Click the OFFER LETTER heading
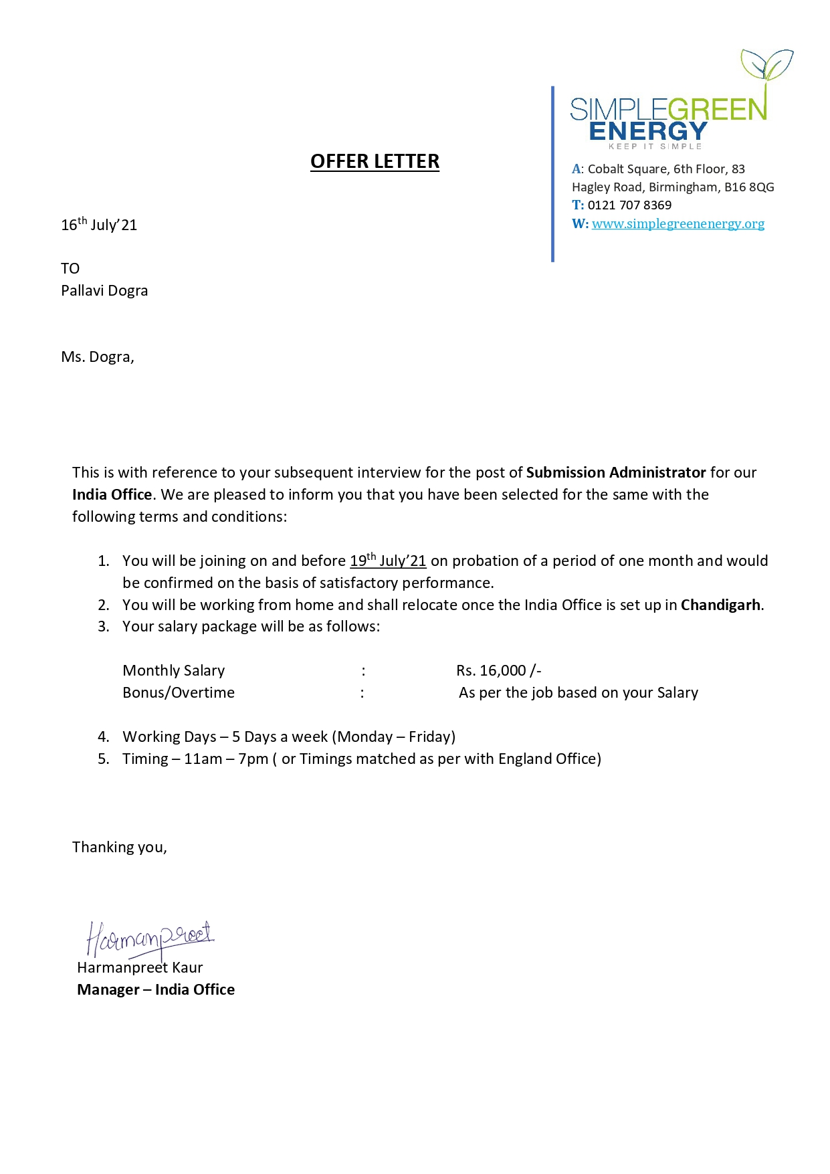(x=375, y=161)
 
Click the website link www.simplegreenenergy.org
(x=678, y=223)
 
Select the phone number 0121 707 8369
(x=629, y=205)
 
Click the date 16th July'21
(x=99, y=224)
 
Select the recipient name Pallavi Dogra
(x=104, y=290)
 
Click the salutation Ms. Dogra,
(x=98, y=357)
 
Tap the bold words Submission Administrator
(x=615, y=472)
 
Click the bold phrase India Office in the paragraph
(x=112, y=494)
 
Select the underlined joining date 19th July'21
(x=388, y=561)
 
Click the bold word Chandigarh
(x=720, y=605)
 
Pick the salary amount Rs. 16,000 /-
(x=498, y=670)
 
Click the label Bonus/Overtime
(x=179, y=692)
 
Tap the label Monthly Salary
(x=174, y=670)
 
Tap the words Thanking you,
(x=120, y=847)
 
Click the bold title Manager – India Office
(x=156, y=989)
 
